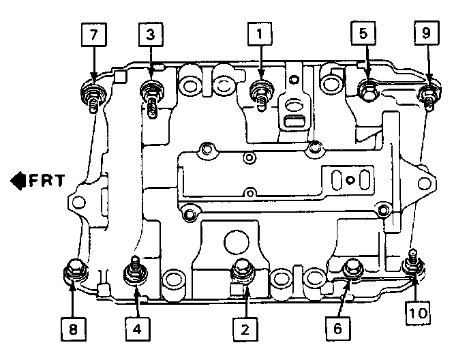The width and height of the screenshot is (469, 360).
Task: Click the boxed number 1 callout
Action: tap(260, 33)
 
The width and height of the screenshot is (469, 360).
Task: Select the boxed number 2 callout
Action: tap(243, 329)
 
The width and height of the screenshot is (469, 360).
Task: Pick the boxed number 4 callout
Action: tap(137, 329)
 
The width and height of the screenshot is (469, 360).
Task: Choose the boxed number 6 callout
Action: tap(337, 329)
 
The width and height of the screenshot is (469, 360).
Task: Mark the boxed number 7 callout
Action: tap(92, 33)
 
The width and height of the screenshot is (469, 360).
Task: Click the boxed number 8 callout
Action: tap(73, 329)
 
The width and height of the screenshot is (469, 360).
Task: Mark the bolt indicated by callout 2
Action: tap(242, 270)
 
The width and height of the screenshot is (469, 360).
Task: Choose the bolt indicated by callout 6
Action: tap(352, 269)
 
